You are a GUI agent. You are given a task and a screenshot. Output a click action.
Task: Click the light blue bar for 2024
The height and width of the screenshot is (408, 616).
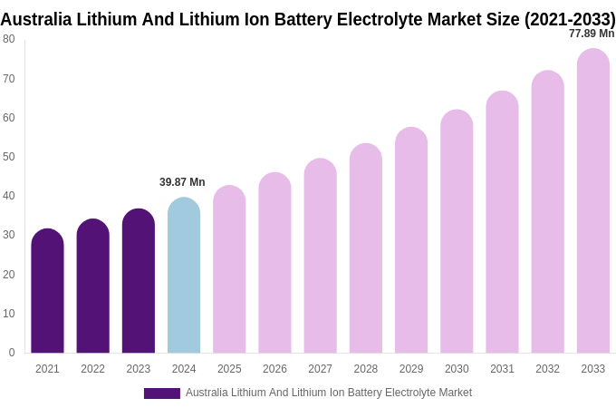[x=184, y=276]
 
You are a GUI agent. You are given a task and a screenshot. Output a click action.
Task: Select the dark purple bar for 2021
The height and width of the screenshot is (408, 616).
[x=47, y=291]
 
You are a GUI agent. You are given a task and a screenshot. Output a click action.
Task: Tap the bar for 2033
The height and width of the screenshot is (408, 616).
[x=592, y=201]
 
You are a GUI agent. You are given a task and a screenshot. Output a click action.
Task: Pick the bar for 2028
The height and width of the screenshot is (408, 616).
[x=366, y=248]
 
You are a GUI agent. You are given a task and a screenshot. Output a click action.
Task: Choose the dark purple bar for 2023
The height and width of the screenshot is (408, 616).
[x=139, y=281]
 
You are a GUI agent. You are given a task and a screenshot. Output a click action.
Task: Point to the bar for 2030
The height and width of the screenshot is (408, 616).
[x=457, y=231]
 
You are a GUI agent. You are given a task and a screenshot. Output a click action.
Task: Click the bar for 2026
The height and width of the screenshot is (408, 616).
[x=274, y=263]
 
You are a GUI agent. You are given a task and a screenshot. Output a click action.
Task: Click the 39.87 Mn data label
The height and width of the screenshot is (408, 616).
[x=182, y=182]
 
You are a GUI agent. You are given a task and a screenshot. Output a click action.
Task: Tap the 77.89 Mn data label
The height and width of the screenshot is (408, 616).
[x=591, y=34]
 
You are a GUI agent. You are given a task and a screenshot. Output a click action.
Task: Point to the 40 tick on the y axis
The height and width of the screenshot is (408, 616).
[x=9, y=196]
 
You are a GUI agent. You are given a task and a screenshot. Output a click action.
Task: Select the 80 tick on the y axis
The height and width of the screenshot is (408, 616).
[x=9, y=39]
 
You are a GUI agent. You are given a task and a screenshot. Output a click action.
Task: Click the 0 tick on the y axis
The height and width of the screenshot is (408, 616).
[x=12, y=353]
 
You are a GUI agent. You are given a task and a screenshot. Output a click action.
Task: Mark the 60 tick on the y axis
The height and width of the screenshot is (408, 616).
[x=9, y=118]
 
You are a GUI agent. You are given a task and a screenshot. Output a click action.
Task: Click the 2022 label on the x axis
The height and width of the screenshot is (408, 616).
[x=92, y=369]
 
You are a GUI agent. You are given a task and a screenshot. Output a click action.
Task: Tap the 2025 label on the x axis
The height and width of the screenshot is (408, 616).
[x=229, y=369]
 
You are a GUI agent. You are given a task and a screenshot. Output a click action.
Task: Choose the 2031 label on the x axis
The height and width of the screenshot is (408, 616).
[x=502, y=369]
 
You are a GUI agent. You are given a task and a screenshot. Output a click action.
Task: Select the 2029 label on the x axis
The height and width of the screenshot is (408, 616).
[x=411, y=369]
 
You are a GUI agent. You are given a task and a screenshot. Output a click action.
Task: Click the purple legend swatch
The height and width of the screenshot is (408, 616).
[x=161, y=393]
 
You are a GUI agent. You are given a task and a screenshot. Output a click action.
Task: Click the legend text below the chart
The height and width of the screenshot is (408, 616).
[x=329, y=393]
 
